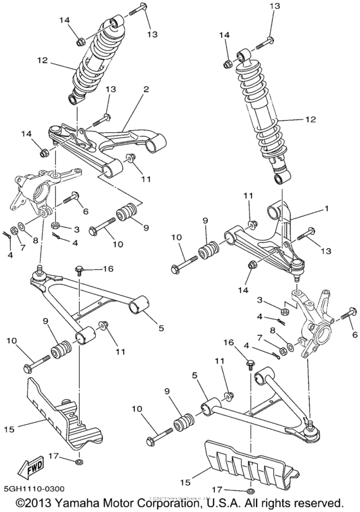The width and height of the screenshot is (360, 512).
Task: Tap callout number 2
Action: (147, 89)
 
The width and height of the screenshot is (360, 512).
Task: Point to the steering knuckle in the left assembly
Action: (32, 190)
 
